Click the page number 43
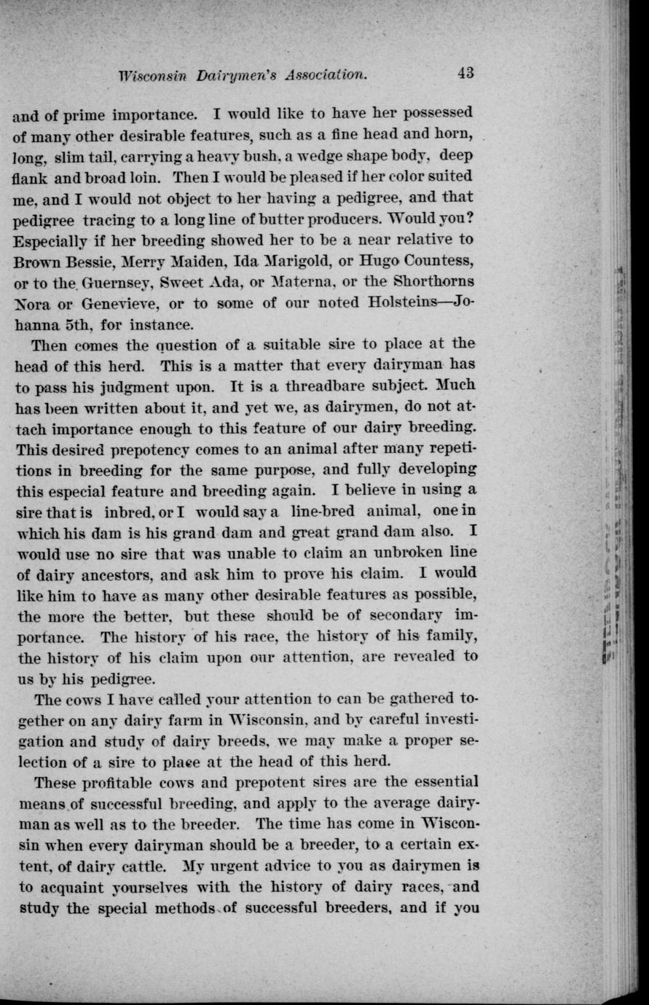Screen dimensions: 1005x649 pos(467,72)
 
